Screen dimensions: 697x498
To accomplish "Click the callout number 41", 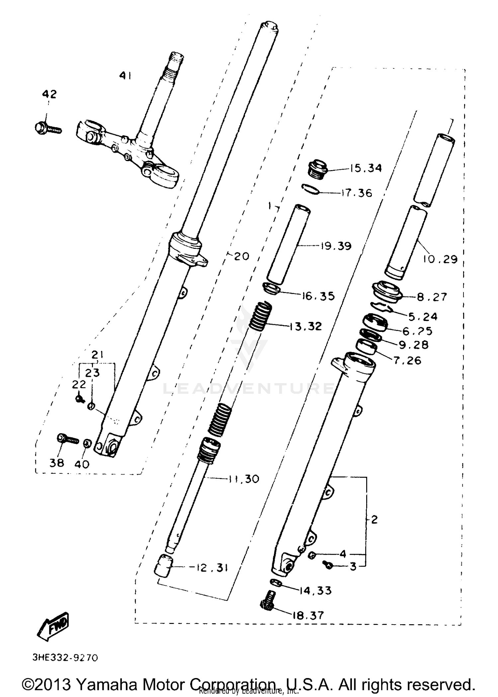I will [125, 76].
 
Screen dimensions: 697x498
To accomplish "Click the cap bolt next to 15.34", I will [318, 168].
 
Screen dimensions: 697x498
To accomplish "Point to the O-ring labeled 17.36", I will [311, 189].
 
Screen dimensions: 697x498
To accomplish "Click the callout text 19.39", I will [336, 246].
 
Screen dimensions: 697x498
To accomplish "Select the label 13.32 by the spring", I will [305, 326].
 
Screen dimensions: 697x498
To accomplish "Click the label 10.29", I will [440, 259].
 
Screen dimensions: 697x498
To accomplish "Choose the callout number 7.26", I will [407, 360].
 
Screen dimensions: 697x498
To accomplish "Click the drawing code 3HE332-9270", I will [65, 657].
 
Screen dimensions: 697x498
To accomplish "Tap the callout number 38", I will [56, 462].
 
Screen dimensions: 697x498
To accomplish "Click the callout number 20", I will [241, 256].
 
